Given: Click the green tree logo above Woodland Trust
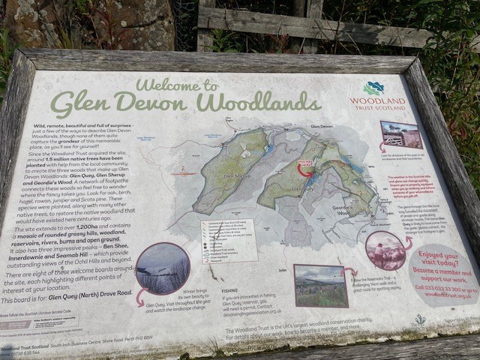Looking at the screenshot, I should (x=373, y=88).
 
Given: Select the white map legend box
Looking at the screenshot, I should (x=228, y=240).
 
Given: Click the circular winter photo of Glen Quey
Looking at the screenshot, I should (x=162, y=268).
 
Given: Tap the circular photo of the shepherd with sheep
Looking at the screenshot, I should (x=385, y=250).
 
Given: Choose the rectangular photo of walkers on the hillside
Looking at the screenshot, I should (x=321, y=285).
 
